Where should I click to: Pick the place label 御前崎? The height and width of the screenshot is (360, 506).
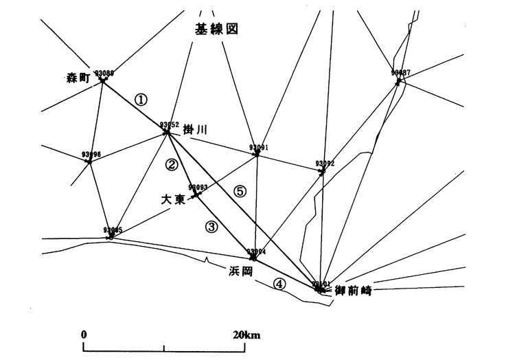[352, 291]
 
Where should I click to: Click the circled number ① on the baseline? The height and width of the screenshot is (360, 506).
[141, 100]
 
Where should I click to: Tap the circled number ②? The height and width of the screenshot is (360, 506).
[172, 164]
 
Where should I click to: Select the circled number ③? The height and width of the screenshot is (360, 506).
[211, 226]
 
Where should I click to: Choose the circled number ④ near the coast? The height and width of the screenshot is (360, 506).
[279, 282]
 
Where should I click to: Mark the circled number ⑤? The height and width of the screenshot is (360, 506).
[240, 192]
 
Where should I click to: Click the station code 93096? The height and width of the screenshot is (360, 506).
[91, 155]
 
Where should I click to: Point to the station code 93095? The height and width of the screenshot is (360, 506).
[113, 230]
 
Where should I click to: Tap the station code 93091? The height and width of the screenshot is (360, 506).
[259, 147]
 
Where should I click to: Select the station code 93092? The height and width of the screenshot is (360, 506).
[325, 164]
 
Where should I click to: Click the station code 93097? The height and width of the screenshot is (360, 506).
[401, 72]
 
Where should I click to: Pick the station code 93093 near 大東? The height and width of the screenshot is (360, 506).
[198, 187]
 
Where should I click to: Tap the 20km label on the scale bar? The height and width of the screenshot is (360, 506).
[246, 335]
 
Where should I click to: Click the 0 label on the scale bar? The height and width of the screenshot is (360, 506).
[84, 335]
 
